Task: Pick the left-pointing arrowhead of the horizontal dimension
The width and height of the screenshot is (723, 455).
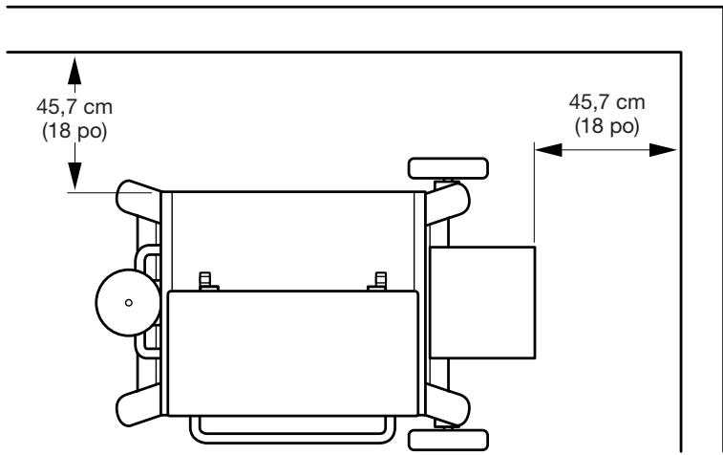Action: pos(545,148)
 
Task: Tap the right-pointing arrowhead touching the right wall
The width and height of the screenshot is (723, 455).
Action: pos(666,148)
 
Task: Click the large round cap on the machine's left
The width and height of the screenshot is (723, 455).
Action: pos(124,301)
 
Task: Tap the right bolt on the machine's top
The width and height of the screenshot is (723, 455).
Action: pos(380,281)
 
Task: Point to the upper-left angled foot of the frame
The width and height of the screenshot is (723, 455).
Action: pos(137,197)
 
